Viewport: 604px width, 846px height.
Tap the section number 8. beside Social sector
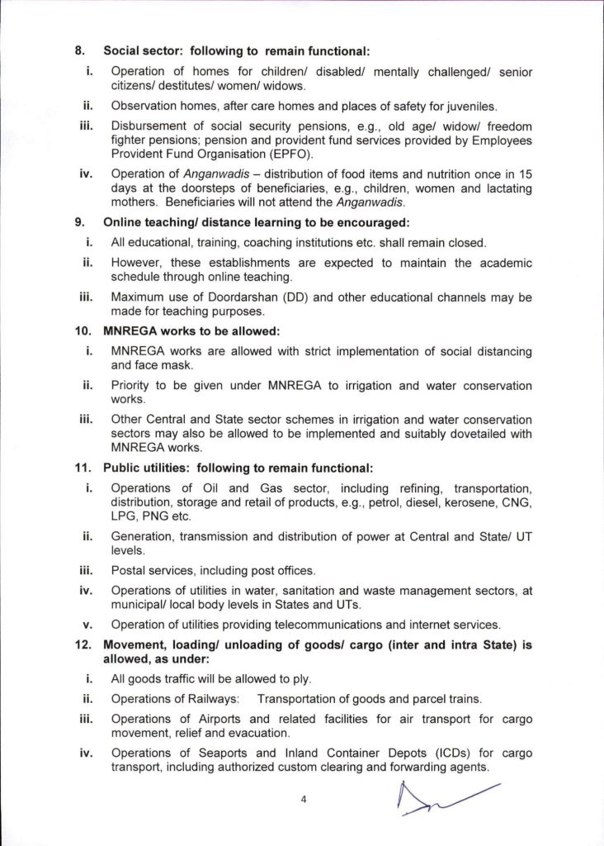coord(81,50)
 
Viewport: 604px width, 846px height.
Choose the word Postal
coord(127,570)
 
